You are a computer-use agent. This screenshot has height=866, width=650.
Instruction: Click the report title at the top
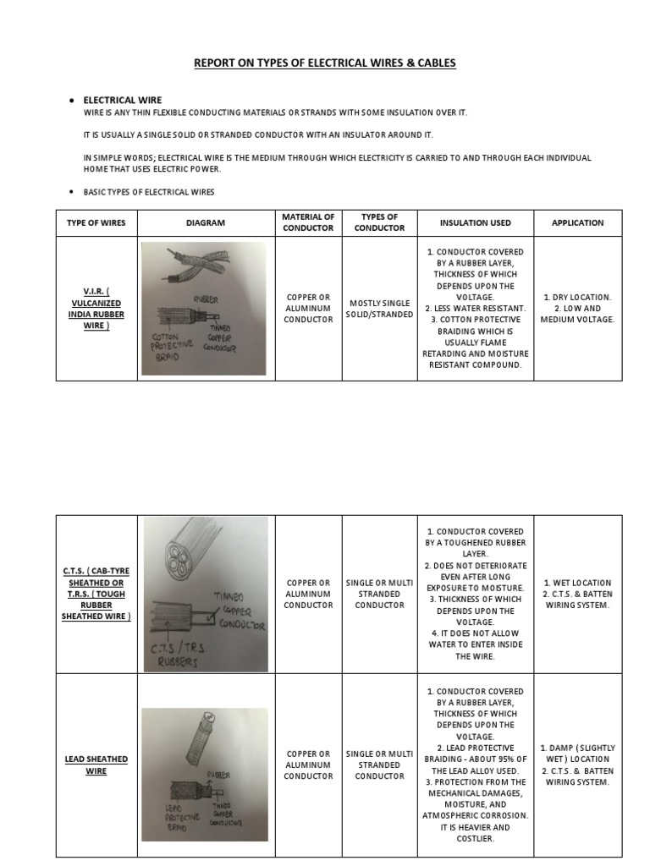click(x=325, y=63)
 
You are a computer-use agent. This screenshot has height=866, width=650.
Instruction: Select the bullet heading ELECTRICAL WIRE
click(x=122, y=100)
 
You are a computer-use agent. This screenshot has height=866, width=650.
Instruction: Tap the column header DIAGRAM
click(x=206, y=223)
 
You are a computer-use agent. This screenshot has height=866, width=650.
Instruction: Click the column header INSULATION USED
click(x=475, y=223)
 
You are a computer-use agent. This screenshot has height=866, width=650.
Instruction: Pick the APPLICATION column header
click(x=577, y=223)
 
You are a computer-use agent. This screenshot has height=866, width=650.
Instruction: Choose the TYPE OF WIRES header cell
click(x=96, y=223)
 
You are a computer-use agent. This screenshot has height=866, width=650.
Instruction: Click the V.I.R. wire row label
click(x=96, y=309)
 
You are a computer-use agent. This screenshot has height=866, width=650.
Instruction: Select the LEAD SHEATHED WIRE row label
click(x=96, y=765)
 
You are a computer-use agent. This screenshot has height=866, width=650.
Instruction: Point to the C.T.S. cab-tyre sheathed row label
click(x=96, y=594)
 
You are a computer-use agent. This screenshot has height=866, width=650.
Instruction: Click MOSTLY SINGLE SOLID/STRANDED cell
click(x=379, y=309)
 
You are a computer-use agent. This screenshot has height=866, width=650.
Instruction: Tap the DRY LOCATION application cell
click(x=577, y=309)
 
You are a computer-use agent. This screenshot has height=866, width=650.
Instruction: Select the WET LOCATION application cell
click(x=577, y=594)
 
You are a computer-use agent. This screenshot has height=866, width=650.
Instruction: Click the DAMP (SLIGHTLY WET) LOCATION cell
click(x=577, y=765)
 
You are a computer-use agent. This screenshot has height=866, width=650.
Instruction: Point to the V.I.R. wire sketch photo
click(x=203, y=309)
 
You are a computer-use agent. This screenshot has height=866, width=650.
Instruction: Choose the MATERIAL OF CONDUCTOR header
click(x=308, y=223)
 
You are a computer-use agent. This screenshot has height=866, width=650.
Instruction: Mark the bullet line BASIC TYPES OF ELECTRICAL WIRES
click(x=148, y=192)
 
